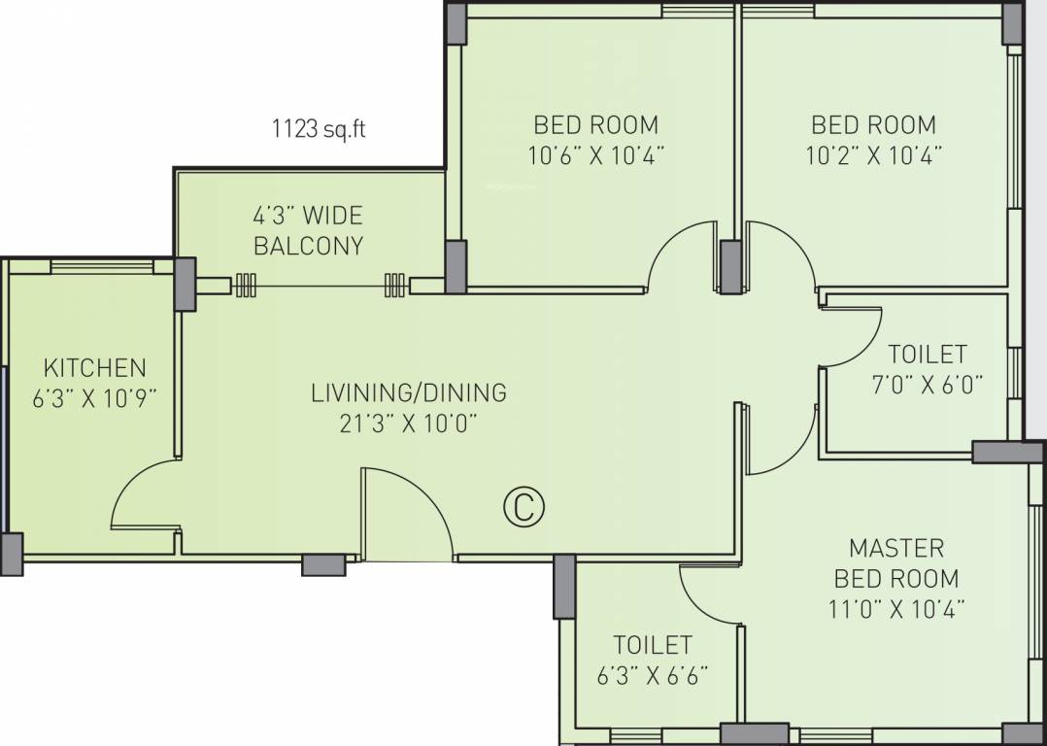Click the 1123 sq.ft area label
[318, 128]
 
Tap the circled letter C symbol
[523, 507]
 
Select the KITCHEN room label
[95, 367]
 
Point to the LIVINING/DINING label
[409, 392]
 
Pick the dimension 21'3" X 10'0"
[409, 423]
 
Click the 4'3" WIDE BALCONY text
[308, 230]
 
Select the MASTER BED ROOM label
[896, 562]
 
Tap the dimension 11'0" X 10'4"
[896, 609]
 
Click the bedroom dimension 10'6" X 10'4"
[596, 154]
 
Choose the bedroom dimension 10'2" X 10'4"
[874, 154]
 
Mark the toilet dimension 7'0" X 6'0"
[928, 384]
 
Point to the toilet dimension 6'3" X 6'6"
[652, 675]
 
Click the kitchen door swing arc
[143, 495]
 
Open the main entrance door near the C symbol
[406, 515]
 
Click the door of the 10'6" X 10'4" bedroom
[685, 255]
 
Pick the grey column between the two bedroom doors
[730, 266]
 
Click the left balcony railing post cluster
[245, 285]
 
